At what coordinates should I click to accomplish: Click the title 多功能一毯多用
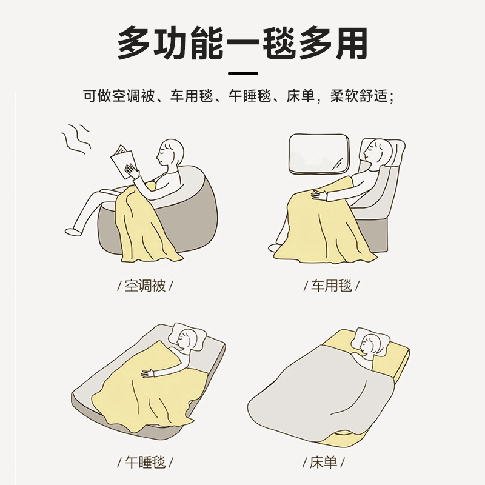click(x=242, y=44)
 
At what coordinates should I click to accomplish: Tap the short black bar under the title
click(x=243, y=73)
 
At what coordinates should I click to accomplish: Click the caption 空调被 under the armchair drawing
click(x=145, y=286)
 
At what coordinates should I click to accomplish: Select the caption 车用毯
click(x=331, y=286)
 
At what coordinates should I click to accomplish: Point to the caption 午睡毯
click(x=145, y=462)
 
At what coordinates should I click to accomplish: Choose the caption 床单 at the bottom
click(x=323, y=462)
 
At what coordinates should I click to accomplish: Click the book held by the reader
click(x=124, y=161)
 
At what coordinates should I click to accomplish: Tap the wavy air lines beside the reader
click(x=76, y=139)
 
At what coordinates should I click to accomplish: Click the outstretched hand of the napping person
click(x=150, y=373)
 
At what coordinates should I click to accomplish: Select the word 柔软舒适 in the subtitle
click(x=358, y=96)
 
